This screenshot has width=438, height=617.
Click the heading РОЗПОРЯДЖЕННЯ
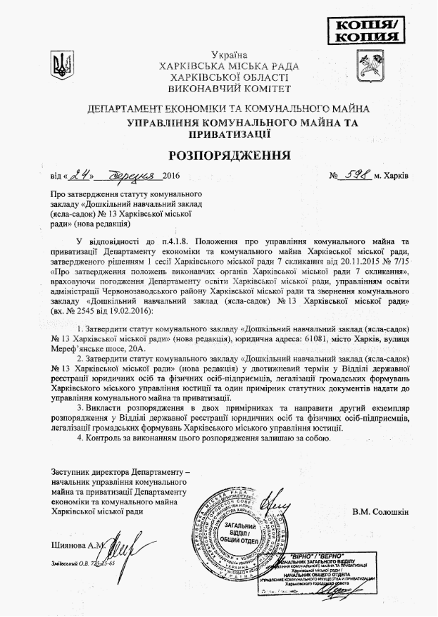(218, 154)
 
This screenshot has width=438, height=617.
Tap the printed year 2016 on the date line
(171, 175)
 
